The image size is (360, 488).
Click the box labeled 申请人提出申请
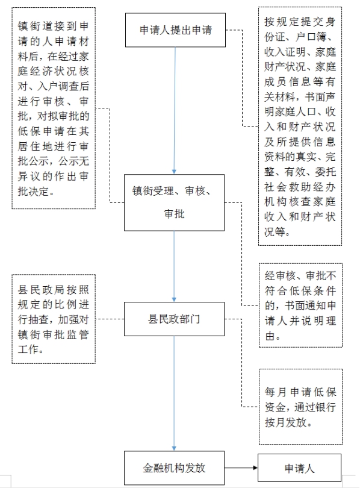(x=175, y=30)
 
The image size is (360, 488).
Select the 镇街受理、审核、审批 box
(x=174, y=202)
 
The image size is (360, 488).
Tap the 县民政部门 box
(x=174, y=319)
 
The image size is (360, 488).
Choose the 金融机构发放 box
(x=174, y=468)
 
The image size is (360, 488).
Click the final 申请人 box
(x=299, y=468)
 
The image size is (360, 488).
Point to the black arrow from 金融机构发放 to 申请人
(x=241, y=468)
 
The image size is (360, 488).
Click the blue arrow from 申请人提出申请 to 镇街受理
(x=175, y=110)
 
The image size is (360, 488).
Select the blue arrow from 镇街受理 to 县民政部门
(x=174, y=266)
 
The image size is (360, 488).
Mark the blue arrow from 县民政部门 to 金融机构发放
(x=174, y=393)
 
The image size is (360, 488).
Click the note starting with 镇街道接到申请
(x=54, y=108)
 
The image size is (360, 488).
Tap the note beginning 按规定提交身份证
(x=300, y=126)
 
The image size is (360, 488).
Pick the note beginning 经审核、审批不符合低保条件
(x=300, y=305)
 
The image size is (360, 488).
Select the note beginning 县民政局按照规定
(x=54, y=319)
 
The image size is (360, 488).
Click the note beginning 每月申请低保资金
(x=300, y=407)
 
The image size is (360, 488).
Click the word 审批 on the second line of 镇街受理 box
(x=174, y=214)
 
